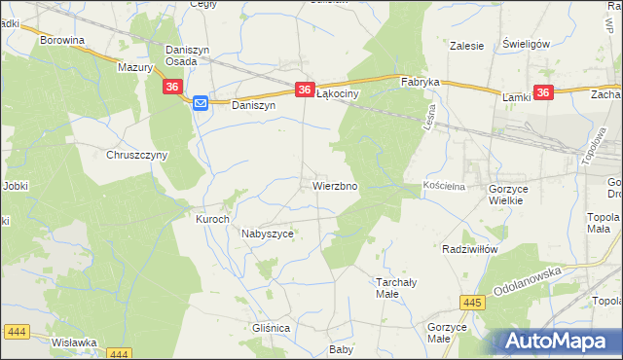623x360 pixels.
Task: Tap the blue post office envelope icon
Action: coord(200,103)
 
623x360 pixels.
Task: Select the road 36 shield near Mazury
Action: coord(172,88)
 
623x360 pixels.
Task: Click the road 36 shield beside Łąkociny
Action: coord(305,88)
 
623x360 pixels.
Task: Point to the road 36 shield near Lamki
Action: coord(543,93)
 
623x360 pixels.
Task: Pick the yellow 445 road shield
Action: coord(473,304)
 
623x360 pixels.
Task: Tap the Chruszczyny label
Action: coord(137,155)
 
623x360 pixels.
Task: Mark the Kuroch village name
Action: coord(212,219)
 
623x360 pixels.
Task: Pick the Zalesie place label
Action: coord(467,45)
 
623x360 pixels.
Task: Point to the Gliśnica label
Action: coord(271,329)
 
